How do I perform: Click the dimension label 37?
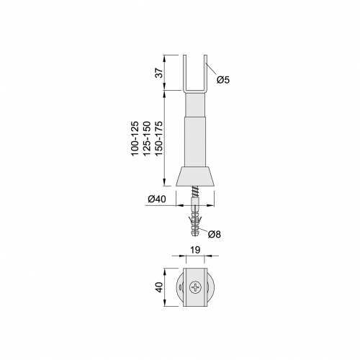[159, 72]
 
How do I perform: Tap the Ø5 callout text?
[223, 80]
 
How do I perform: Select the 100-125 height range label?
[135, 139]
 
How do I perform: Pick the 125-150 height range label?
[147, 139]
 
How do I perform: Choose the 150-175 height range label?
[158, 139]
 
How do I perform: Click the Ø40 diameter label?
[157, 199]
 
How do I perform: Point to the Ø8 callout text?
[215, 234]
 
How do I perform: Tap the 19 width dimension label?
[195, 250]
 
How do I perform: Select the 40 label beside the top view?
[159, 287]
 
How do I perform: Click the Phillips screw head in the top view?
[195, 287]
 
